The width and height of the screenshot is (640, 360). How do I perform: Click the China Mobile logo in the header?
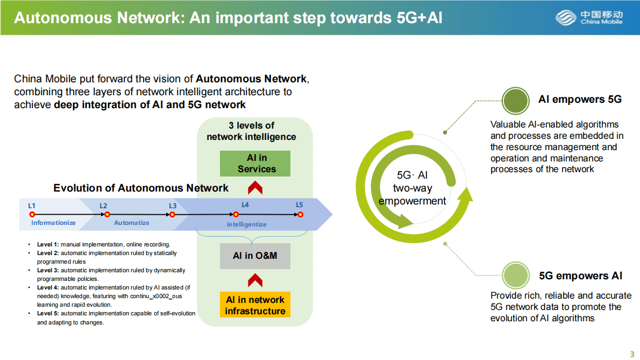589,18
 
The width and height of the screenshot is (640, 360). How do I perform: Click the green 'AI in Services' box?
255,164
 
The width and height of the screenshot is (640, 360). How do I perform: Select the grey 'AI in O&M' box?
255,256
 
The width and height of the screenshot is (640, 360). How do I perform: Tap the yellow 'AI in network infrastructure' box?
255,305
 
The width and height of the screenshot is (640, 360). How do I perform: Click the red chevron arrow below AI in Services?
255,188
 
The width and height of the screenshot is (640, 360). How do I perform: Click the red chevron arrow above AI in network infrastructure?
255,280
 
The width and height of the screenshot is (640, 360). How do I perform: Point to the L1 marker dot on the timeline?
32,214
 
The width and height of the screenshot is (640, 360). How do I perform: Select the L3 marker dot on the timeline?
172,214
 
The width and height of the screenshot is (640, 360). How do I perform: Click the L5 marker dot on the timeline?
300,214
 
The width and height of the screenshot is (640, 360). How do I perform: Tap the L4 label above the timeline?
245,205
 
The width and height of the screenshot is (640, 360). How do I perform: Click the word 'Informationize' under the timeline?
53,223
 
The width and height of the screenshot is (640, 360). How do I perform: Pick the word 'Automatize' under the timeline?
132,223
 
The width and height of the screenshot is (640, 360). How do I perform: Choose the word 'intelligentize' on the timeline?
246,224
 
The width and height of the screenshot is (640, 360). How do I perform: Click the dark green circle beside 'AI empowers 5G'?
516,100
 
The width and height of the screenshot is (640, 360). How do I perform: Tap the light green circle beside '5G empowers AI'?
516,276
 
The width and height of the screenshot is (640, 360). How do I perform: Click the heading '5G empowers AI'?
580,276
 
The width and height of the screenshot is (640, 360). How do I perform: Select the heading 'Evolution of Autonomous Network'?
141,188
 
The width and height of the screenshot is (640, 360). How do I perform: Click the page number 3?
632,354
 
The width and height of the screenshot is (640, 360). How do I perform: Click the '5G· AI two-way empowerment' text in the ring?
413,188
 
